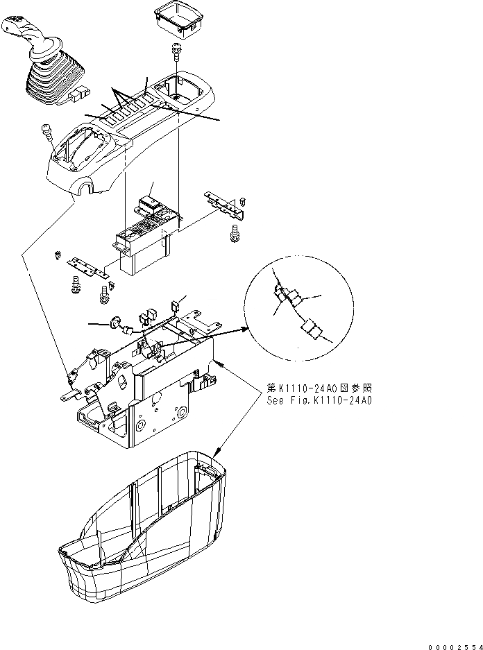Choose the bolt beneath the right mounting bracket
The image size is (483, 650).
[x=235, y=234]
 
